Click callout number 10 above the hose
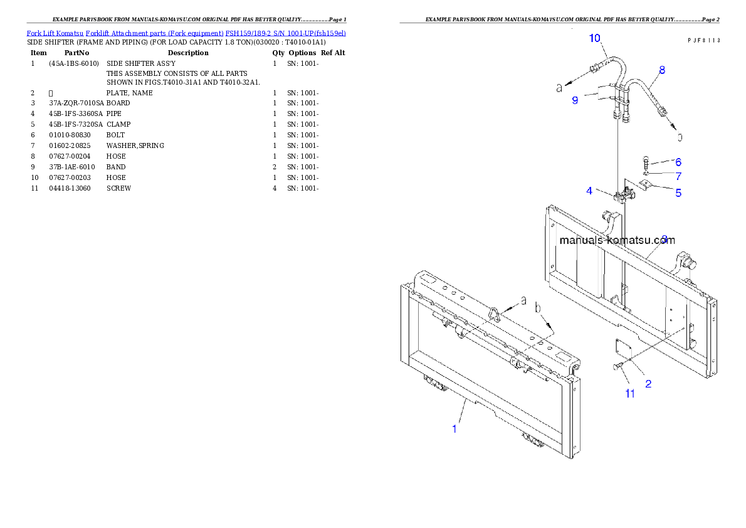coord(594,39)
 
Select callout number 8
coord(662,70)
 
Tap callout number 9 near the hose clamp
coord(575,100)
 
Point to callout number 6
coord(678,162)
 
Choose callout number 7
coord(678,177)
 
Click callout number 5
coord(678,193)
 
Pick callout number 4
coord(589,191)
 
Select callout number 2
coord(648,384)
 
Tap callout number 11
coord(630,394)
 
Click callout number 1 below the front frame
coord(455,430)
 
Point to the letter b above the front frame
coord(537,309)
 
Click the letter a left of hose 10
coord(560,88)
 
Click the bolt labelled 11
coord(618,366)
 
